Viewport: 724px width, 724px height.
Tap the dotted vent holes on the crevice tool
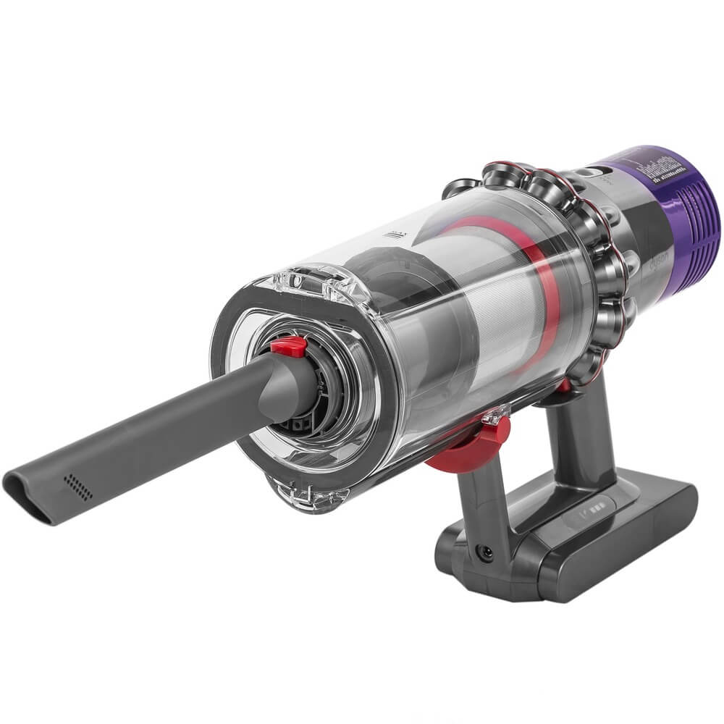pyautogui.click(x=77, y=487)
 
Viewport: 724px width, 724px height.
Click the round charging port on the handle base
pyautogui.click(x=486, y=552)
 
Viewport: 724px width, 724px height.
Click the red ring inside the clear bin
pyautogui.click(x=539, y=290)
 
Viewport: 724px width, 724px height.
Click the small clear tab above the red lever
pyautogui.click(x=493, y=416)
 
